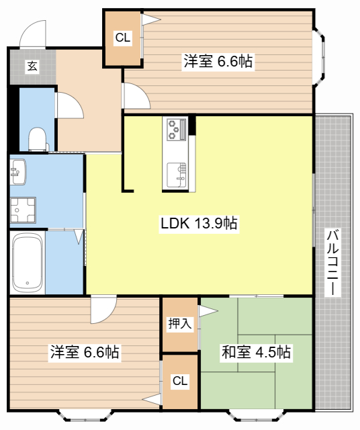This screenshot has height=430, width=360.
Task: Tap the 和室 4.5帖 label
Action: click(257, 351)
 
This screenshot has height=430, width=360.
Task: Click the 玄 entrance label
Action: click(32, 66)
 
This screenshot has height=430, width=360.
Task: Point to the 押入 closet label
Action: click(179, 324)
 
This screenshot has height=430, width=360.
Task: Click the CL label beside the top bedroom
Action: click(122, 38)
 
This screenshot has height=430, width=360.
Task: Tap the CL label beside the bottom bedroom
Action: click(179, 382)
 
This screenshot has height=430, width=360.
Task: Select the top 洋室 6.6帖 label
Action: click(218, 62)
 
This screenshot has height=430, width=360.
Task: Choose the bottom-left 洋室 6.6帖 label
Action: click(85, 352)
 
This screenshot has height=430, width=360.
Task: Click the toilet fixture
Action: click(38, 138)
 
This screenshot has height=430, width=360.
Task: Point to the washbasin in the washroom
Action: click(17, 171)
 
